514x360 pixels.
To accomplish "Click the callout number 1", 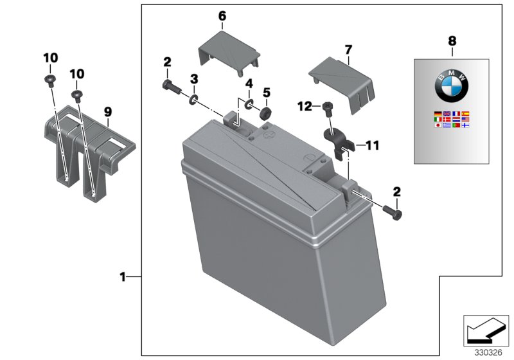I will click(122, 277).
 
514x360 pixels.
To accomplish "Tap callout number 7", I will click(348, 49).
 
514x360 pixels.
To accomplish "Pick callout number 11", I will click(372, 145).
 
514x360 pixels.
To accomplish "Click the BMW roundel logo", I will click(452, 85).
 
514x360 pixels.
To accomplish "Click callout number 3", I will click(193, 78).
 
